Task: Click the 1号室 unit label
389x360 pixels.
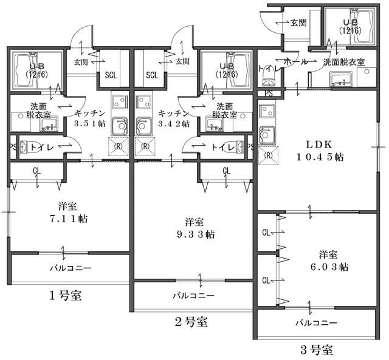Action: [x=65, y=296]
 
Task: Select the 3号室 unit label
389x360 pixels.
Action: [x=316, y=350]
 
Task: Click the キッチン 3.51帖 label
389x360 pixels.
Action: [x=91, y=118]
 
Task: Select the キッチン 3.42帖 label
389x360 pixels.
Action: [x=173, y=118]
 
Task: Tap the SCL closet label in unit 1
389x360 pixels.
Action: [x=111, y=75]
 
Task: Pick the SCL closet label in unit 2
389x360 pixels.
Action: [x=152, y=75]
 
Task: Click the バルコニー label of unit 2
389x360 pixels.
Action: [x=193, y=296]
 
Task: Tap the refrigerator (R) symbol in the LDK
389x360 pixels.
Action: [x=267, y=155]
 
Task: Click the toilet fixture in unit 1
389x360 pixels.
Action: [x=30, y=147]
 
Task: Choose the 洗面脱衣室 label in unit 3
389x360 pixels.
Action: [x=343, y=62]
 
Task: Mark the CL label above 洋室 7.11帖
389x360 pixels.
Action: [x=36, y=171]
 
